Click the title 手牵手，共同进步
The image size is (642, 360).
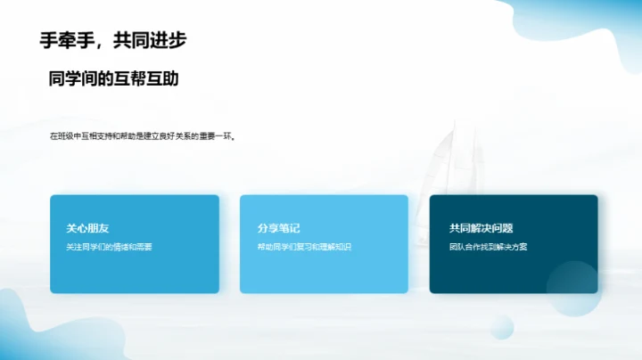[x=113, y=40]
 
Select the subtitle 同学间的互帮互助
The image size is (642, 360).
[x=114, y=78]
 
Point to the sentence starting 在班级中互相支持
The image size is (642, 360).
[x=143, y=136]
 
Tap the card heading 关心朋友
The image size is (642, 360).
[x=87, y=228]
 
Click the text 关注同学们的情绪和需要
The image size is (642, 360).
[x=110, y=247]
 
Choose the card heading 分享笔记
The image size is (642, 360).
[x=278, y=228]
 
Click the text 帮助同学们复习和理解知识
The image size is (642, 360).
[x=304, y=247]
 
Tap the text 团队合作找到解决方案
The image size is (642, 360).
[x=489, y=247]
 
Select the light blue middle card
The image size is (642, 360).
[x=324, y=272]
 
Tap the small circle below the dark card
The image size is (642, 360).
[x=501, y=327]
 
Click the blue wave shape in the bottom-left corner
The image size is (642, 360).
[x=22, y=330]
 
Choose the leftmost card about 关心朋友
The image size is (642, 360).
[x=134, y=272]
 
